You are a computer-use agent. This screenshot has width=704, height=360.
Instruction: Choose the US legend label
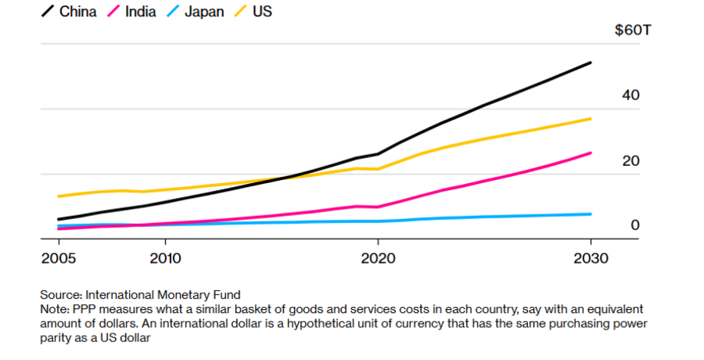[262, 12]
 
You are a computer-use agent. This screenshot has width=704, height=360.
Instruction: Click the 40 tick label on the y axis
[630, 95]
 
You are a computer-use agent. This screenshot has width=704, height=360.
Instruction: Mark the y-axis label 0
[635, 225]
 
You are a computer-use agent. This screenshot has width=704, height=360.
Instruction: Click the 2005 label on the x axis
[59, 257]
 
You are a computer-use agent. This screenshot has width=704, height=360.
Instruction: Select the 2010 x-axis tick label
[165, 257]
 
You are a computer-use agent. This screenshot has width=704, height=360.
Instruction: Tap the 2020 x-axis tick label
[378, 257]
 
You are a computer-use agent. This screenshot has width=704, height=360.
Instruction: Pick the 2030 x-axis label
[591, 257]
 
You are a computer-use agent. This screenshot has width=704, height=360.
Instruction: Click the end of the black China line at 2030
[591, 63]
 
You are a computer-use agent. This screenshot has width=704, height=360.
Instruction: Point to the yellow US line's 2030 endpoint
[591, 118]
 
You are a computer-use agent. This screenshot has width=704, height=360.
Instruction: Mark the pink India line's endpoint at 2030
[591, 153]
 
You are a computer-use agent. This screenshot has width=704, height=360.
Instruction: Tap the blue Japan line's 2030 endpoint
[591, 214]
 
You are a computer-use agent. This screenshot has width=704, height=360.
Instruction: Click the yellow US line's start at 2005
[59, 196]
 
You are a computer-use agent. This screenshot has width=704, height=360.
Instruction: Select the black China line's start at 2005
[59, 219]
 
